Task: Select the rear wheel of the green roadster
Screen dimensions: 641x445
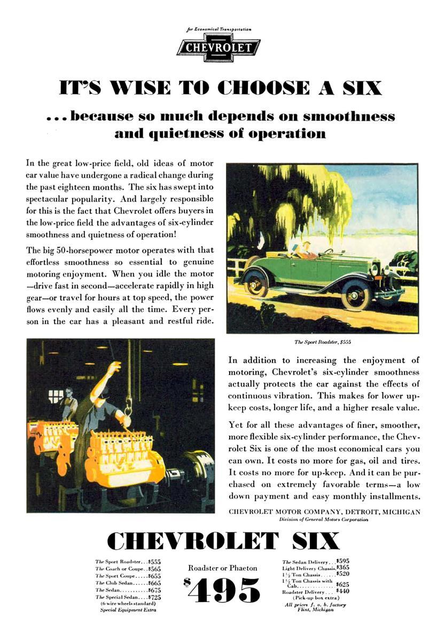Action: coord(256,282)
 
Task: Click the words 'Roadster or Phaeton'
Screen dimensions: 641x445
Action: coord(222,568)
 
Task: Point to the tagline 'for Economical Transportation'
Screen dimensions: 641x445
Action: coord(218,29)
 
